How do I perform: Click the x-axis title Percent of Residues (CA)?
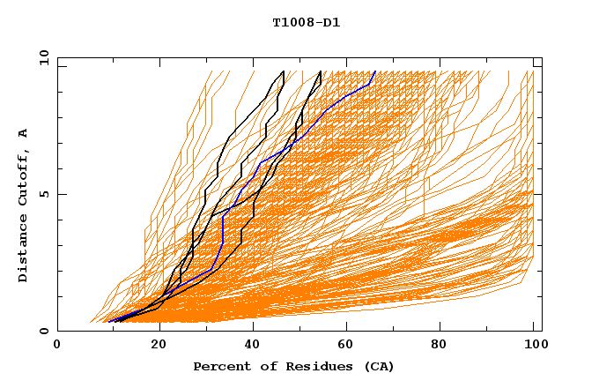pyautogui.click(x=293, y=366)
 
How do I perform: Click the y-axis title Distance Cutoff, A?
pyautogui.click(x=23, y=205)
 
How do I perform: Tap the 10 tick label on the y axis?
pyautogui.click(x=43, y=57)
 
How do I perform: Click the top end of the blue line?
pyautogui.click(x=375, y=71)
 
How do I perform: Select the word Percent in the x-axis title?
pyautogui.click(x=218, y=366)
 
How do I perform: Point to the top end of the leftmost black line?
pyautogui.click(x=284, y=71)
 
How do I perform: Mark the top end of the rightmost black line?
pyautogui.click(x=321, y=71)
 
